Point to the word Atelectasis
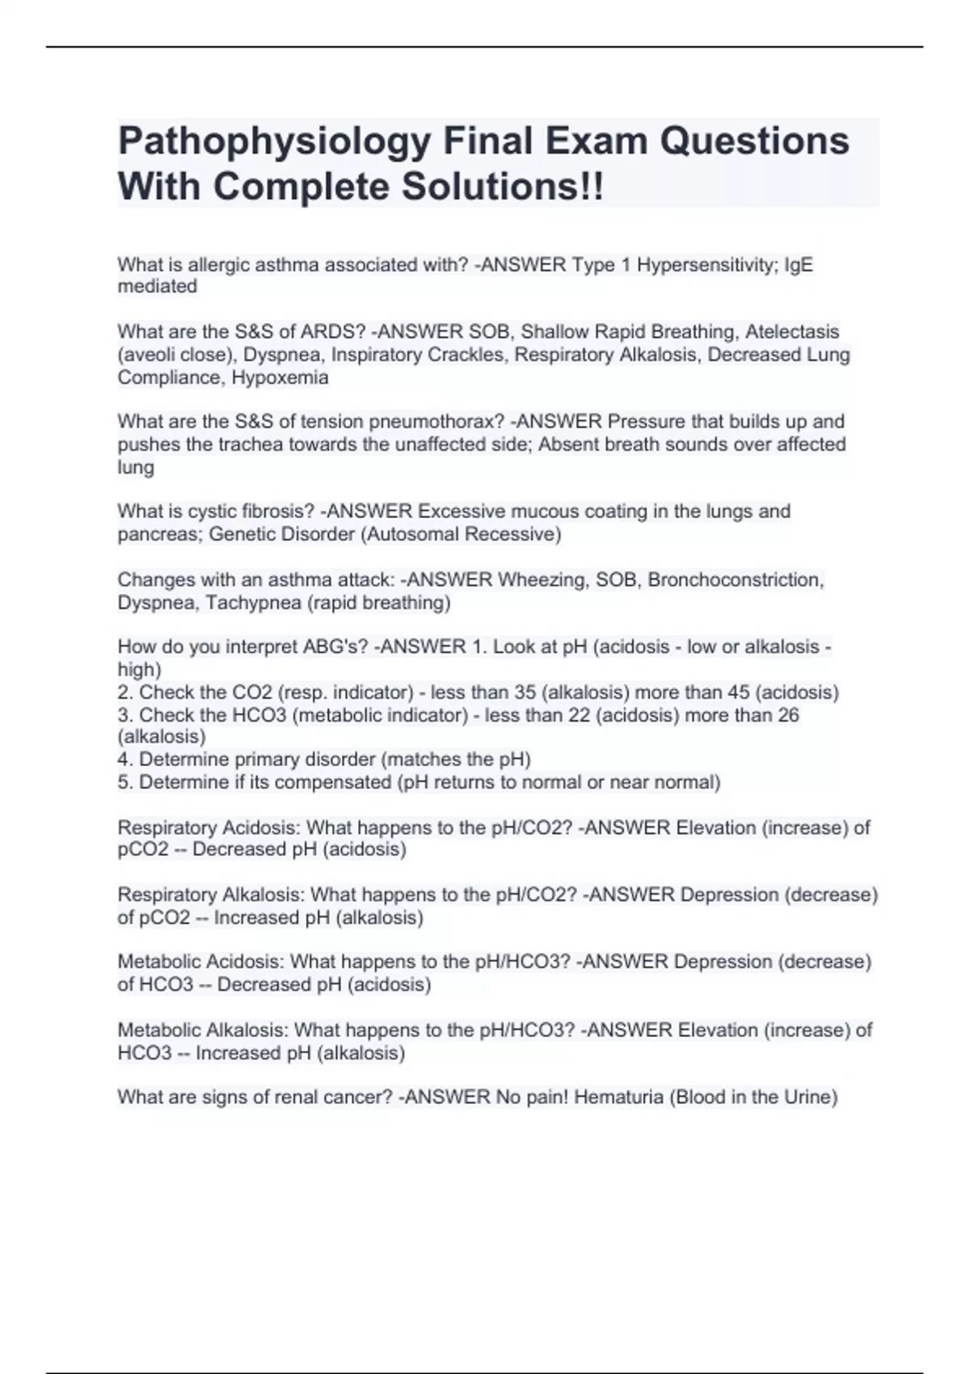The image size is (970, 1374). (x=792, y=332)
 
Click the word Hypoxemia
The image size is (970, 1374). (x=280, y=377)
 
